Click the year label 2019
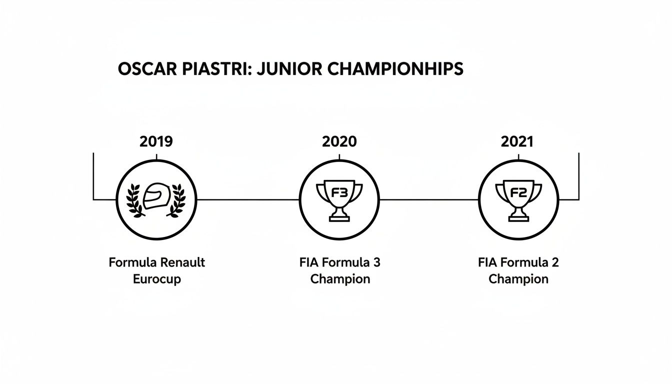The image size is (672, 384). [x=156, y=141]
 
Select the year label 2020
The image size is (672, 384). [x=339, y=141]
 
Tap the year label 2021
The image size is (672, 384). [x=517, y=141]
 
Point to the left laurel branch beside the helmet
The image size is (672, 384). [x=135, y=200]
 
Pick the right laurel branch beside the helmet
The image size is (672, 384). [x=176, y=200]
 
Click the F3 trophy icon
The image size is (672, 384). [x=339, y=199]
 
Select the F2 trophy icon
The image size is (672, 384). [x=518, y=199]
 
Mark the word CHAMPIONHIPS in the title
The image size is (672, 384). [x=394, y=69]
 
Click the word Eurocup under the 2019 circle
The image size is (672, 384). [x=156, y=279]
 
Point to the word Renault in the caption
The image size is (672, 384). [x=181, y=262]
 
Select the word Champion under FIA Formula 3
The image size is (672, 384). [x=340, y=279]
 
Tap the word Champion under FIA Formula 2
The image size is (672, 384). [x=518, y=279]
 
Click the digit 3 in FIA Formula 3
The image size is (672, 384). [x=375, y=262]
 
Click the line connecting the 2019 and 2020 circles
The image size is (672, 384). [x=248, y=199]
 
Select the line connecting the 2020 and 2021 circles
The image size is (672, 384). [x=429, y=199]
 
